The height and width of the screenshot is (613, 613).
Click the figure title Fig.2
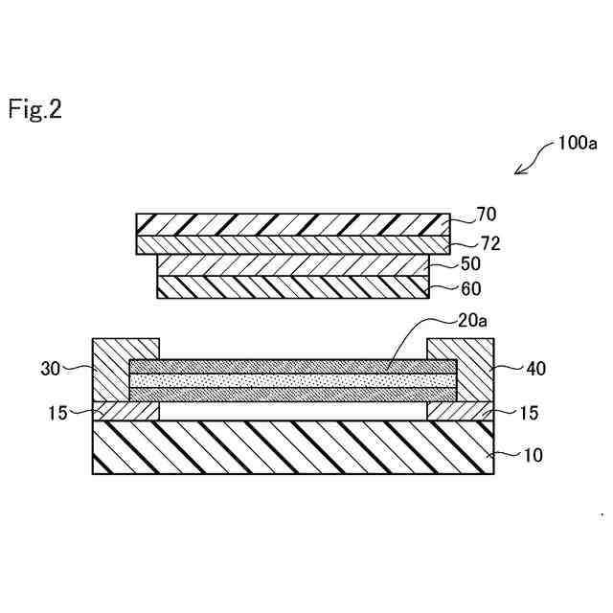(35, 109)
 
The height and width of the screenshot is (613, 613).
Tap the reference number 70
(486, 215)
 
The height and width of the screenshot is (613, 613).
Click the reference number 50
(470, 263)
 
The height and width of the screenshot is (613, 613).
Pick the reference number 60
(470, 287)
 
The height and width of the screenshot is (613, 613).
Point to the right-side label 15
(529, 413)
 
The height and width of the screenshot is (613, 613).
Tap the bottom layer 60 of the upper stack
(292, 286)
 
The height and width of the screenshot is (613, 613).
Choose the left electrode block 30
(115, 370)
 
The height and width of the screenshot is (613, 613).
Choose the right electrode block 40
(468, 370)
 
